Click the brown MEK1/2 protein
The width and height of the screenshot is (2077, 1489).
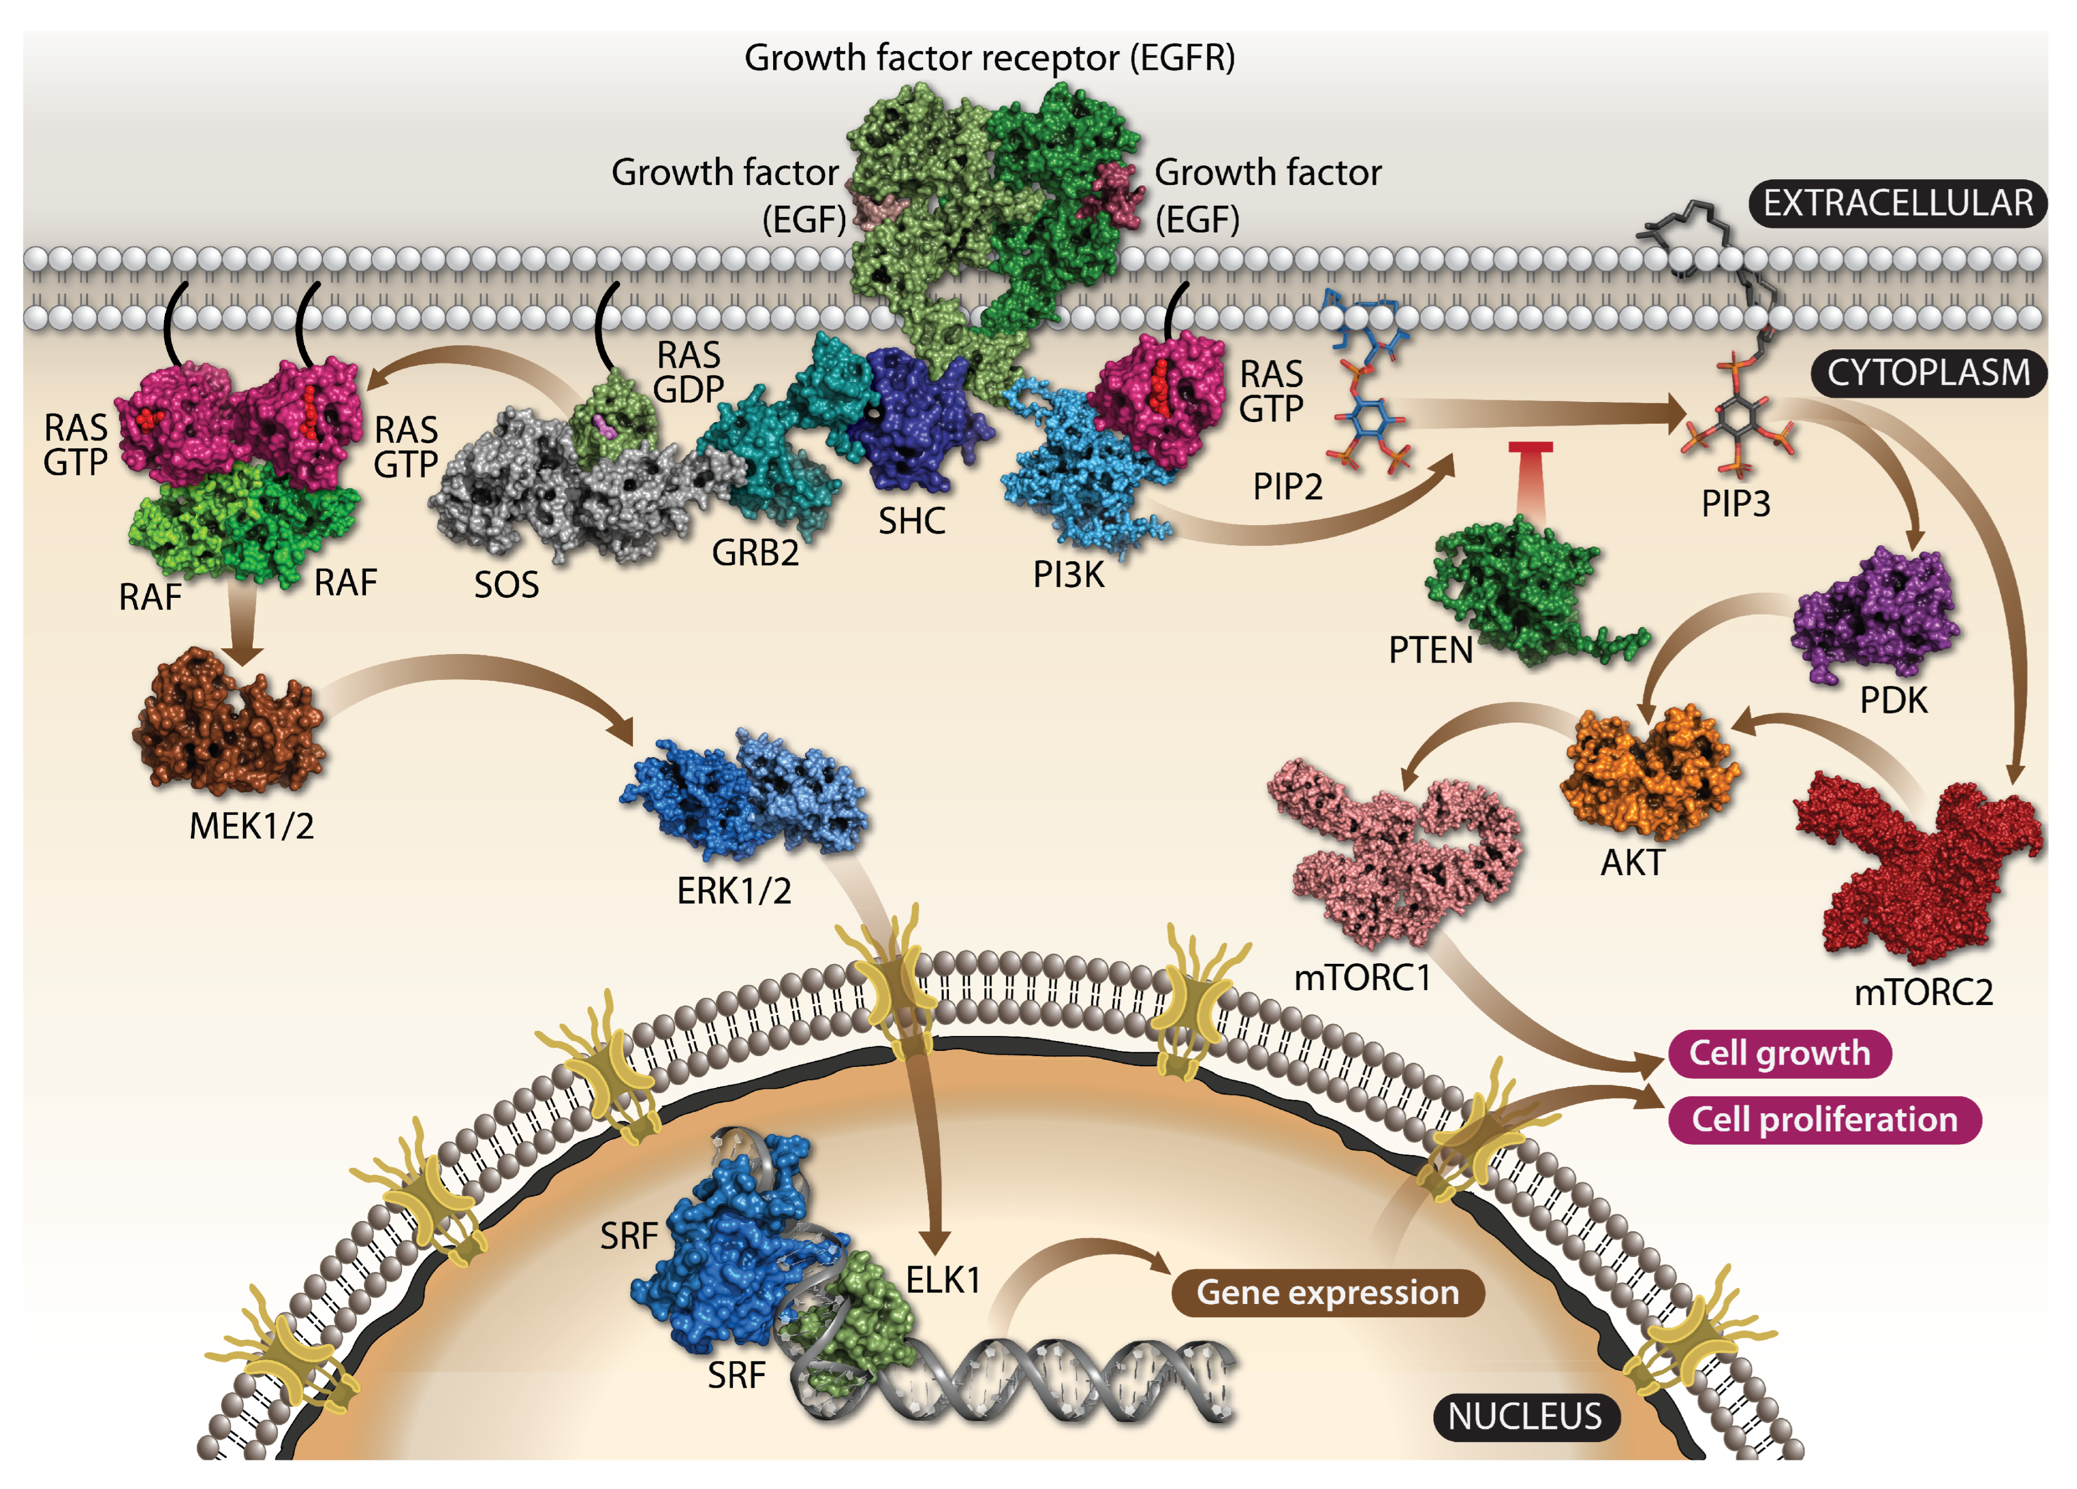coord(229,723)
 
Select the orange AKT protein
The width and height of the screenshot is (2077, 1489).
coord(1649,774)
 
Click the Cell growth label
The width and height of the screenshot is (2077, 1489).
coord(1779,1053)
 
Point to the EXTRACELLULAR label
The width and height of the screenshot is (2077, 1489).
coord(1898,203)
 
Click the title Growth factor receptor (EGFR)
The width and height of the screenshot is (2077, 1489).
coord(989,58)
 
